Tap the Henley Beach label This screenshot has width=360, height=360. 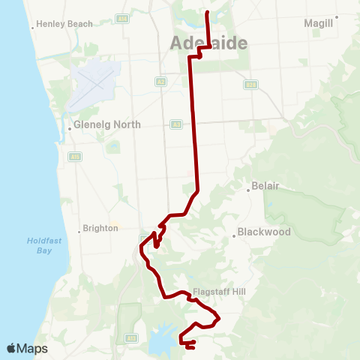tap(64, 24)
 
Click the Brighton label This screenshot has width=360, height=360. tap(101, 228)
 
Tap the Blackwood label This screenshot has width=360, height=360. tap(264, 232)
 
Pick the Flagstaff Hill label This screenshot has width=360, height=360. tap(217, 292)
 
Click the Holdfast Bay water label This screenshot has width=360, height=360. tap(38, 246)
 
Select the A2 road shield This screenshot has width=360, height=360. tap(160, 80)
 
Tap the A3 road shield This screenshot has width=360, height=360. tap(175, 124)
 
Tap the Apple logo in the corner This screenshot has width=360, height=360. tap(12, 348)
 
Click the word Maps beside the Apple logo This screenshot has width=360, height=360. tap(33, 349)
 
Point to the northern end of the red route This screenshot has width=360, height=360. tap(207, 11)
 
